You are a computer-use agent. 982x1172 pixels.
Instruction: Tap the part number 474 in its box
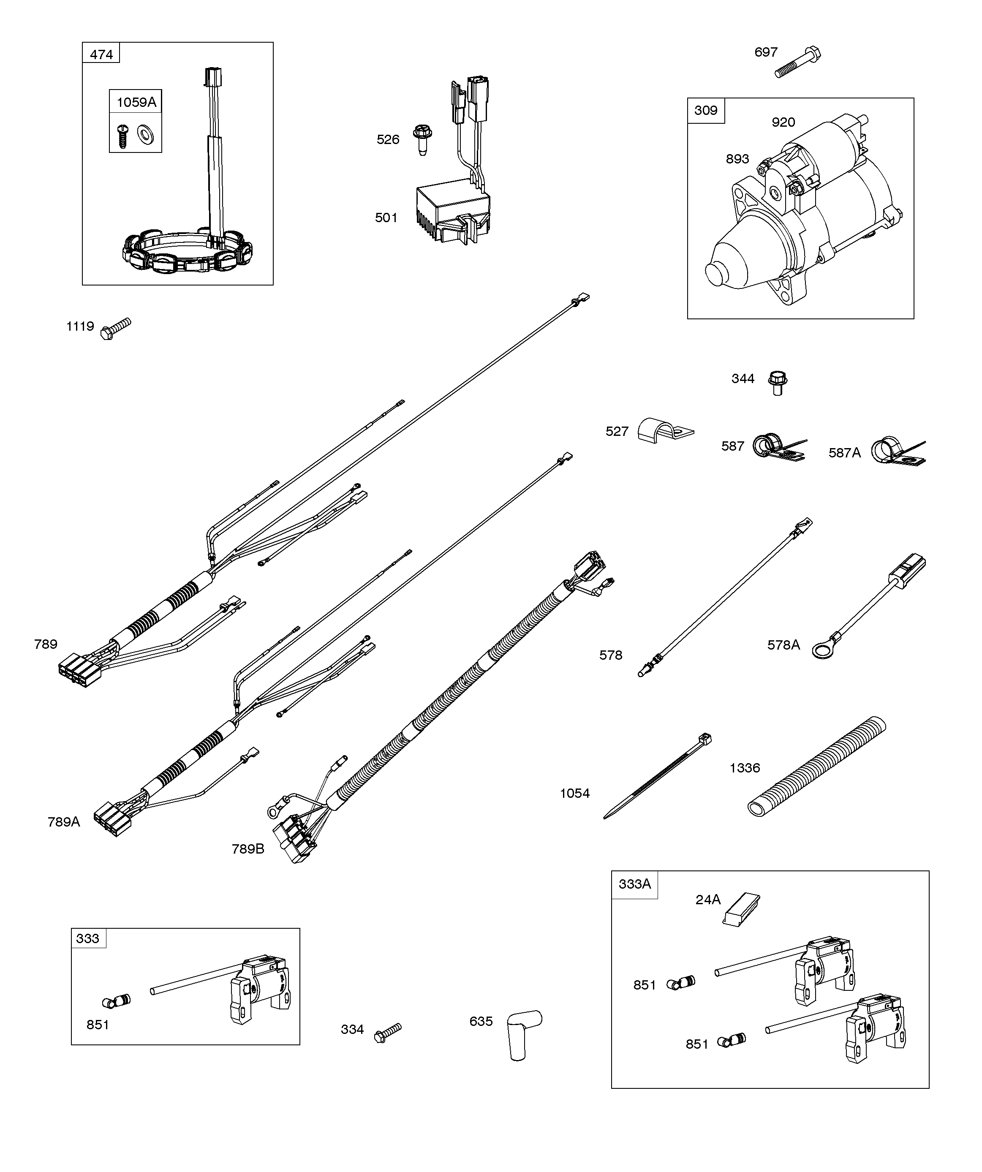(x=101, y=54)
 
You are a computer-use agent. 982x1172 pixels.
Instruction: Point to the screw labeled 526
(x=422, y=139)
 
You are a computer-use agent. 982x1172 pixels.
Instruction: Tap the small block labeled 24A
(x=741, y=909)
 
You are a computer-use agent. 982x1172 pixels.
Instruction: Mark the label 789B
(x=248, y=849)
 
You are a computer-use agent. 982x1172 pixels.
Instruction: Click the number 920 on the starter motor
(x=783, y=122)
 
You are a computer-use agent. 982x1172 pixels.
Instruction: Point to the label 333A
(x=634, y=884)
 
